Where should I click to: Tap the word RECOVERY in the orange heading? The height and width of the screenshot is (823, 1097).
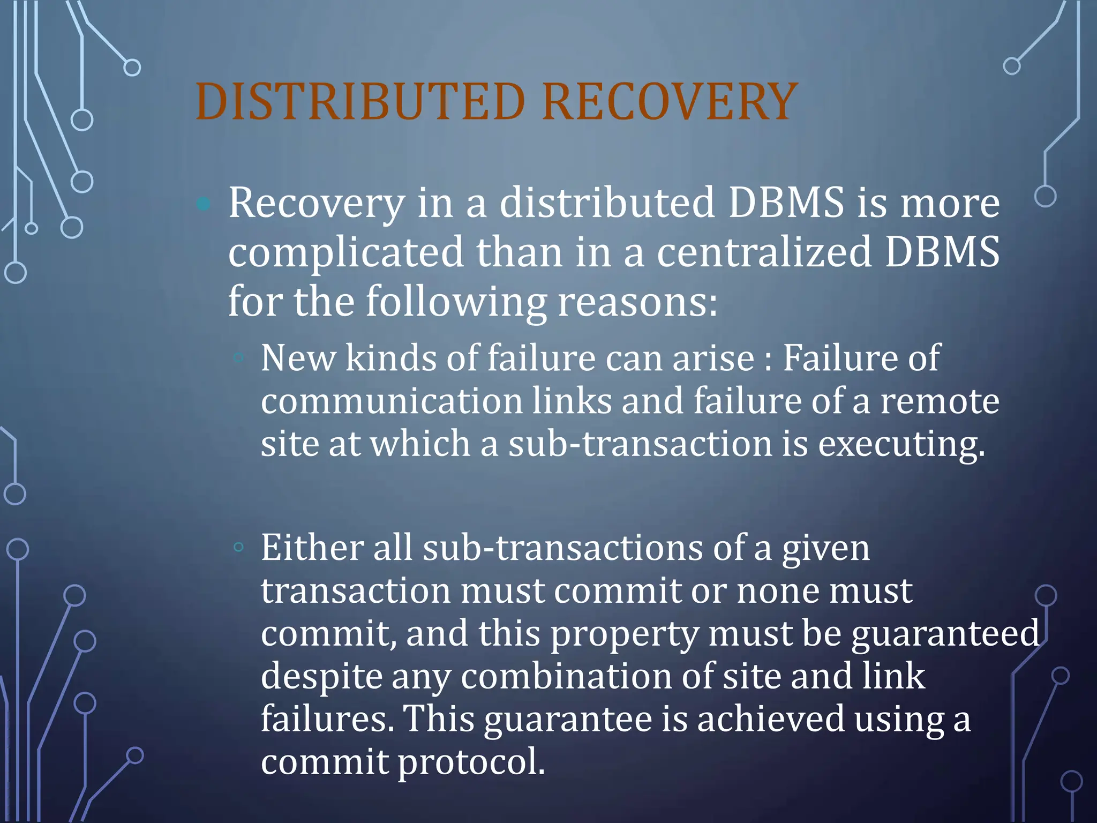tap(670, 102)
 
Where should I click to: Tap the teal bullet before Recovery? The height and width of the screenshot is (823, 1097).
tap(204, 204)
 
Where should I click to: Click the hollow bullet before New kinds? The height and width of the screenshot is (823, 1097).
tap(239, 357)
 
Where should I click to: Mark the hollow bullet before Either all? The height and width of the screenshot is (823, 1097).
tap(239, 547)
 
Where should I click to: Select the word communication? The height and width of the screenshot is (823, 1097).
tap(392, 401)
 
